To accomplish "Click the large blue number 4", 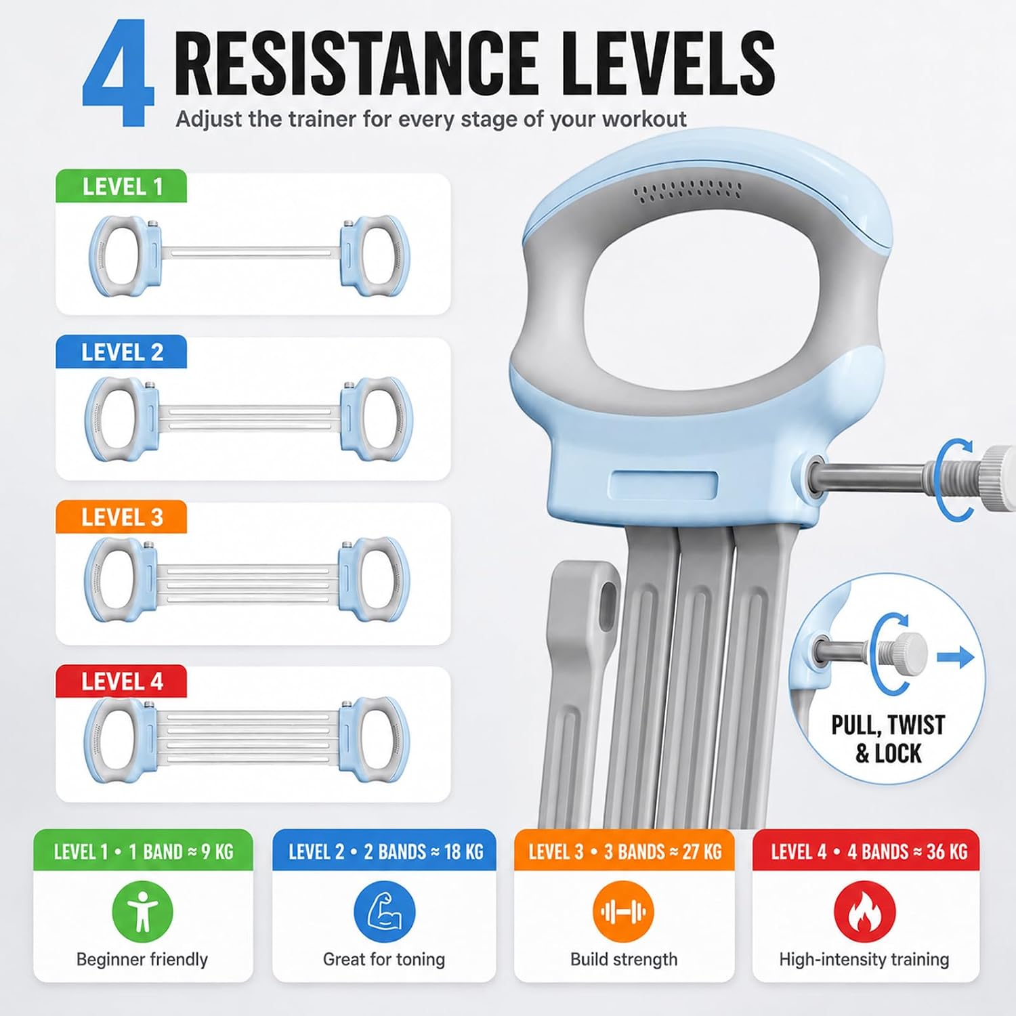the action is [117, 73].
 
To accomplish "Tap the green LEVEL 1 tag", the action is [121, 186].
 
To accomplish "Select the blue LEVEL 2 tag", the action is [121, 352].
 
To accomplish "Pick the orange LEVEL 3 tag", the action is [121, 517].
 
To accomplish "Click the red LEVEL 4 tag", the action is [121, 681].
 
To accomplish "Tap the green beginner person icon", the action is [142, 912].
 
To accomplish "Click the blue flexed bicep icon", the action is [384, 912].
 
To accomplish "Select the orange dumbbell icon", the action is [623, 912].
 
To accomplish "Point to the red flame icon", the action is [864, 912].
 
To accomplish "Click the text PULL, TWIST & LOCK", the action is [888, 739].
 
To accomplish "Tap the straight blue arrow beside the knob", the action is [956, 656].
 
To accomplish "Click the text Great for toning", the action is [384, 959].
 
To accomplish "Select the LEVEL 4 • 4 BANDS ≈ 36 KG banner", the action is [866, 850].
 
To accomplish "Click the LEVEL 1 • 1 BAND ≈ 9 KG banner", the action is [143, 850].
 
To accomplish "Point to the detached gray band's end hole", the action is [608, 599].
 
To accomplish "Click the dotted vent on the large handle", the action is [687, 190].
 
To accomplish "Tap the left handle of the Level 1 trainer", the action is [124, 256].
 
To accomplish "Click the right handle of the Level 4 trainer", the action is [375, 740].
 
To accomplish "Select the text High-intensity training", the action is [864, 959].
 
